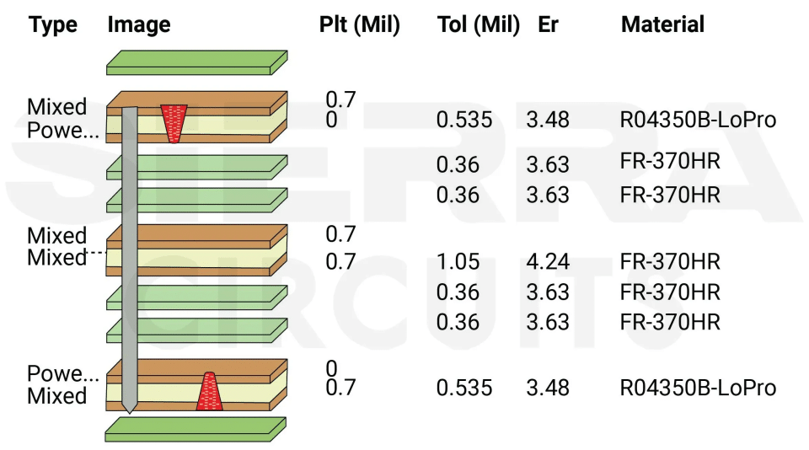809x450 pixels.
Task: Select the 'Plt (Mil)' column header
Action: (x=359, y=25)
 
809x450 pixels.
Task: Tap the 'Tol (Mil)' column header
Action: (x=479, y=25)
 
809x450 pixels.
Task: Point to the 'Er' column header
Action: (x=549, y=25)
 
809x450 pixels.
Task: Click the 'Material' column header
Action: (x=662, y=25)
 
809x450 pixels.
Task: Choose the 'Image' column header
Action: (x=139, y=25)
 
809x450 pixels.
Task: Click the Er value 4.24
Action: (x=548, y=262)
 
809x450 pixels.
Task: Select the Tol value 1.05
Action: (x=458, y=262)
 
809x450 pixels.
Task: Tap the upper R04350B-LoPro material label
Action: (x=697, y=121)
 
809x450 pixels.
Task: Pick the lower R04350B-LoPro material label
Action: (x=697, y=388)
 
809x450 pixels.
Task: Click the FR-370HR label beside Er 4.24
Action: (x=670, y=262)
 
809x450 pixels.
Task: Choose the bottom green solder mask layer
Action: (x=195, y=428)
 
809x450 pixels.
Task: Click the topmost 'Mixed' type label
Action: (x=57, y=107)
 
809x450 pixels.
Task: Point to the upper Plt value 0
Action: (x=331, y=121)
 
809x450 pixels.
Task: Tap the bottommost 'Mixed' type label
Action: (x=57, y=396)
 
